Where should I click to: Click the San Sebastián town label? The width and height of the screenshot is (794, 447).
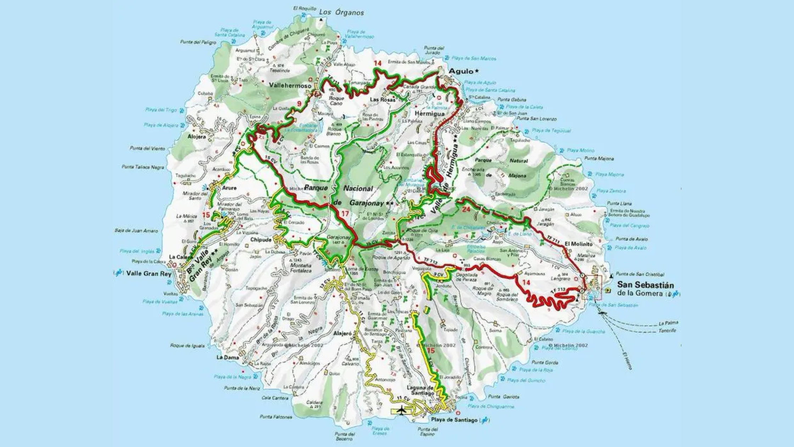click(x=645, y=285)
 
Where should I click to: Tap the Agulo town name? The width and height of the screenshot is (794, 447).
click(x=461, y=71)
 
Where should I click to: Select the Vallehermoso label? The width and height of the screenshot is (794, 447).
click(x=290, y=85)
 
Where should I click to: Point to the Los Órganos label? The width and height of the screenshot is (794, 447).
click(x=341, y=12)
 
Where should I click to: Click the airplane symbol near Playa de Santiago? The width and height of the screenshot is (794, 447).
click(x=401, y=410)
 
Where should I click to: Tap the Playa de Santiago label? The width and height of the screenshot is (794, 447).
click(x=454, y=420)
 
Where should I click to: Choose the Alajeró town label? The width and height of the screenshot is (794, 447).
click(x=342, y=333)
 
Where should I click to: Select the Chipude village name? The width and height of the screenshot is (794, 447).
click(x=261, y=240)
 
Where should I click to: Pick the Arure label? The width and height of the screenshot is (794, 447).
click(x=229, y=188)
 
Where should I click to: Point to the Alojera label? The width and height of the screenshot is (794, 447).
click(x=197, y=137)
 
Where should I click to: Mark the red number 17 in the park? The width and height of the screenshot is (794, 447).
click(x=344, y=214)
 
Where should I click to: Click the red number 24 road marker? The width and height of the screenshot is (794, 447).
click(x=466, y=209)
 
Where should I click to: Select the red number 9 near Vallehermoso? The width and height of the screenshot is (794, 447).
click(x=300, y=104)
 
